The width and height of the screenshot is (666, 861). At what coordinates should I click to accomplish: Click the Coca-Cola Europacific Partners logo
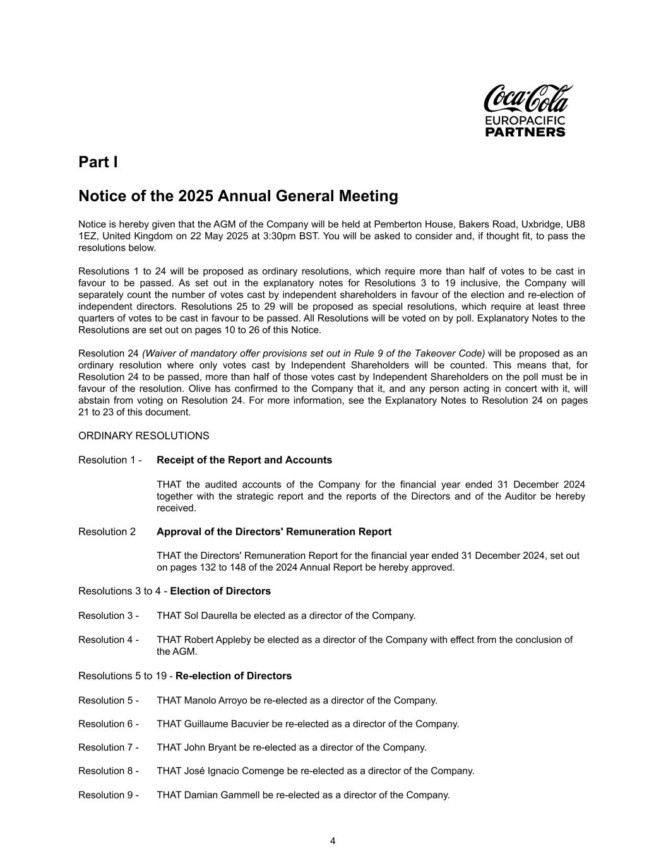(528, 110)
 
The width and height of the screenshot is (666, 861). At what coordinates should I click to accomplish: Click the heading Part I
(98, 162)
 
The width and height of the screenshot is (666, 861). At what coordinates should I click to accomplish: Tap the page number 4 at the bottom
(333, 841)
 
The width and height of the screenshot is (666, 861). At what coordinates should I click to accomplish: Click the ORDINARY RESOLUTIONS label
(143, 436)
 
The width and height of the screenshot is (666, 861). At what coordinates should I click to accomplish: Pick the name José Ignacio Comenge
(234, 771)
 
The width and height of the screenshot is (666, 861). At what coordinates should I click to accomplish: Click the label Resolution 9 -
(108, 795)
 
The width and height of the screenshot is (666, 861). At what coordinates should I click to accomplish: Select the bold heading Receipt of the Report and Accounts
(244, 460)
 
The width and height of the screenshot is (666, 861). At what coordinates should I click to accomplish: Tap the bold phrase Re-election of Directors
(234, 676)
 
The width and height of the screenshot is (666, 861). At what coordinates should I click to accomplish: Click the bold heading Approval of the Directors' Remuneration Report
(274, 532)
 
